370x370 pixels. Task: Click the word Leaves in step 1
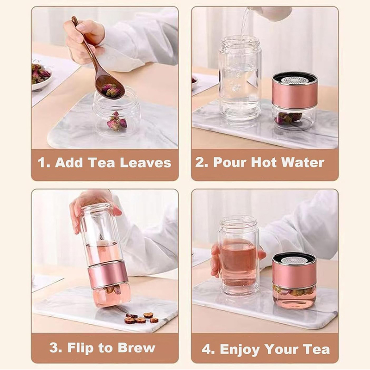tap(146, 163)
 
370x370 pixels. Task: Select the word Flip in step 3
tap(80, 348)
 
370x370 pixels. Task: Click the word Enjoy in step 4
tap(240, 350)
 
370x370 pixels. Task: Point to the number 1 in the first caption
tap(42, 163)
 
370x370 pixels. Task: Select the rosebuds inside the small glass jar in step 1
tap(117, 122)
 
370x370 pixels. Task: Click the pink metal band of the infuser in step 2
tap(294, 95)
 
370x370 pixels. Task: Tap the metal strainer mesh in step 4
tap(294, 260)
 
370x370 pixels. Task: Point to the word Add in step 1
tap(69, 163)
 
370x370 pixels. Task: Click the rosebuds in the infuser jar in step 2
tap(290, 118)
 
